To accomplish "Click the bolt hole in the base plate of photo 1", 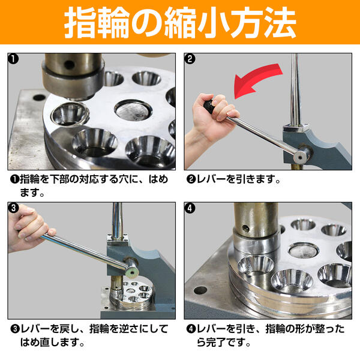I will [40, 97].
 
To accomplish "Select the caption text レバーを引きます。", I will [237, 179].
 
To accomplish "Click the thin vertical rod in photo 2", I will [295, 90].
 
